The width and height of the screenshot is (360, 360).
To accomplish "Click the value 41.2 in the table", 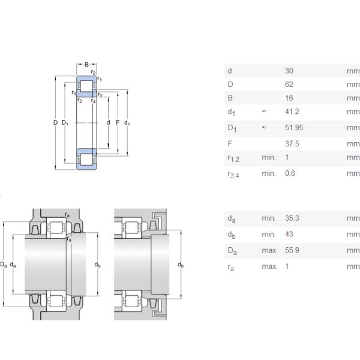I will point(292,112).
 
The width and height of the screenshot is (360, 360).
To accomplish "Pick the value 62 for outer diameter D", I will point(289,85).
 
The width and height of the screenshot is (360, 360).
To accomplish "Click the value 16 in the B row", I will point(289,98).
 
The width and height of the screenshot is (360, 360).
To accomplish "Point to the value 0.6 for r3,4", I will point(290,173).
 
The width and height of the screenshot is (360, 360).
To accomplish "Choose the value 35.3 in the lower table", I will point(292,218).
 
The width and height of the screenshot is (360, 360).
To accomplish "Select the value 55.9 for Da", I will point(292,250).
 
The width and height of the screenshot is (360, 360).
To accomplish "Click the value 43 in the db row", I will point(289,234).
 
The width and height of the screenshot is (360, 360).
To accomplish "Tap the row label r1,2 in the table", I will point(233,158).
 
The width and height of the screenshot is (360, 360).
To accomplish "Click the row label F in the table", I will point(229,144).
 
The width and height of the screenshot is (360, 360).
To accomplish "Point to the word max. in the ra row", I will point(269,266).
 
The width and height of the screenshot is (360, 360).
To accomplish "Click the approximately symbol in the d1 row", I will point(263,112).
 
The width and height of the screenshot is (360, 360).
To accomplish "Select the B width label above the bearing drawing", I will point(86,64).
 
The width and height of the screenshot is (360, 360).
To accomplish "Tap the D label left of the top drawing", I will point(55,123).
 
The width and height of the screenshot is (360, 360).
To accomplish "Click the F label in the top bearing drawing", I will point(118,123).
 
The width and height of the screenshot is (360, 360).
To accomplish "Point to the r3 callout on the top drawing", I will point(100,95).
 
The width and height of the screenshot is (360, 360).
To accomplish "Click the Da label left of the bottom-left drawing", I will point(4,264).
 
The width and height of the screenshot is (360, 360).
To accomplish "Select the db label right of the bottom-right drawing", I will point(180,265).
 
